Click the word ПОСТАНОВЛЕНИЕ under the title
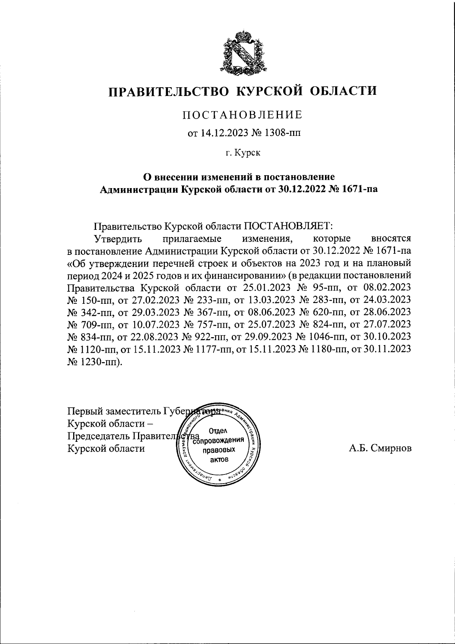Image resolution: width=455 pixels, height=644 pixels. tap(243, 115)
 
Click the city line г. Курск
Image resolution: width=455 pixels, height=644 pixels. tap(243, 153)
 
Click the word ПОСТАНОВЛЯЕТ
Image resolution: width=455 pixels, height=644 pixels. tap(288, 226)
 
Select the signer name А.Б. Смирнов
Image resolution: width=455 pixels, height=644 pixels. tap(380, 448)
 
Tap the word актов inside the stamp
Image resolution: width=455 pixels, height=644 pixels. tap(219, 460)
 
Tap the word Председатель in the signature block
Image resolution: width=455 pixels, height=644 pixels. tap(99, 436)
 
